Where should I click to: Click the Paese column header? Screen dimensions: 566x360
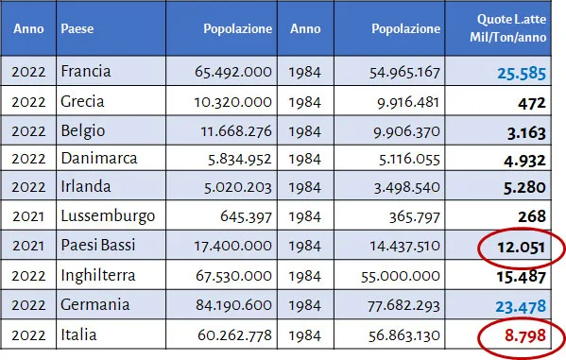tap(77, 28)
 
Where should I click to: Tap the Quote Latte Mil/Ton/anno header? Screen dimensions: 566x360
tap(507, 28)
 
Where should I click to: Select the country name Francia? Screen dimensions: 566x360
tap(86, 71)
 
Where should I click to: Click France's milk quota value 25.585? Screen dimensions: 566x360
tap(522, 74)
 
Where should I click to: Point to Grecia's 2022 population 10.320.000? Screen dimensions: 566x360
tap(232, 102)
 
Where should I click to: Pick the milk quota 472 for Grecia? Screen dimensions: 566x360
tap(532, 104)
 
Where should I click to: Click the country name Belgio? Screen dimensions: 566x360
tap(83, 131)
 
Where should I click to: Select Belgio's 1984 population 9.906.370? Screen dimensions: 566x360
tap(407, 131)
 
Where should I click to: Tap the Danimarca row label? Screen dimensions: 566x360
tap(99, 159)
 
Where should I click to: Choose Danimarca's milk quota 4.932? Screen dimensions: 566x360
tap(524, 161)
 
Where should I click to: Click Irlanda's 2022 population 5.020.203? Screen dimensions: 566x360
tap(238, 187)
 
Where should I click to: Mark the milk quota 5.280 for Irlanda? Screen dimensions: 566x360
tap(524, 187)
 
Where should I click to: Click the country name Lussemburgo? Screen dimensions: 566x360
tap(108, 216)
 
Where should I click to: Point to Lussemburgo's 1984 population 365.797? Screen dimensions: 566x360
tap(415, 217)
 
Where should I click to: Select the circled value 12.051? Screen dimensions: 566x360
tap(522, 248)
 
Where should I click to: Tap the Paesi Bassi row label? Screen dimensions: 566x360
tap(98, 245)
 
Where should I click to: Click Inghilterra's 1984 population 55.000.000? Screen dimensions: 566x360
tap(401, 276)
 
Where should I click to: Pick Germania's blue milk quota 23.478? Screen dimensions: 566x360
tap(521, 306)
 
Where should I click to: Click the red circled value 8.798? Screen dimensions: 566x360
tap(525, 335)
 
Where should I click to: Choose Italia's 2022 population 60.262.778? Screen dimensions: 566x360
tap(234, 335)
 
